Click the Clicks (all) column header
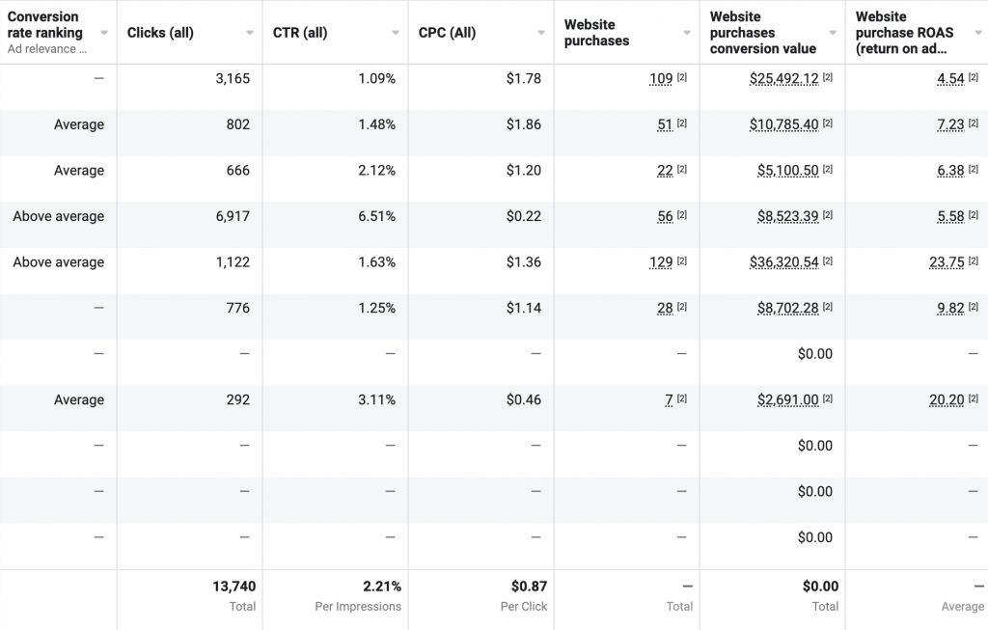pyautogui.click(x=160, y=33)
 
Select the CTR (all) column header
pyautogui.click(x=302, y=33)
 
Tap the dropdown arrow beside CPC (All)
pyautogui.click(x=541, y=33)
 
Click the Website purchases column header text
pyautogui.click(x=596, y=33)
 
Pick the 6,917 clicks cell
pyautogui.click(x=232, y=216)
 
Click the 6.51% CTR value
pyautogui.click(x=376, y=216)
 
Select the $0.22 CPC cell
pyautogui.click(x=523, y=216)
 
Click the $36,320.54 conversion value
pyautogui.click(x=783, y=262)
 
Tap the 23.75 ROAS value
pyautogui.click(x=950, y=262)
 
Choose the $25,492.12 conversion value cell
pyautogui.click(x=783, y=79)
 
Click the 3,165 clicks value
pyautogui.click(x=233, y=79)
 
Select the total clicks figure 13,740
pyautogui.click(x=233, y=587)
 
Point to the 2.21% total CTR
pyautogui.click(x=382, y=587)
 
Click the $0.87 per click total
pyautogui.click(x=526, y=587)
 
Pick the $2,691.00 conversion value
pyautogui.click(x=788, y=399)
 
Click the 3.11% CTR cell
pyautogui.click(x=376, y=399)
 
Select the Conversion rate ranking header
pyautogui.click(x=45, y=25)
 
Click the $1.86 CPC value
pyautogui.click(x=523, y=124)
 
